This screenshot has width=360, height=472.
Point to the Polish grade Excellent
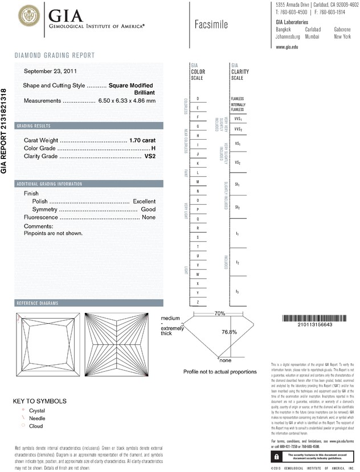pyautogui.click(x=144, y=202)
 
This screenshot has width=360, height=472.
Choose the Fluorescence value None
pyautogui.click(x=149, y=218)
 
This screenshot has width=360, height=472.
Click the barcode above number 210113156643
pyautogui.click(x=310, y=318)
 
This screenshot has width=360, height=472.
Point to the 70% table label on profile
pyautogui.click(x=219, y=314)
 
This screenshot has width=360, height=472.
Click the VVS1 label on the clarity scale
pyautogui.click(x=238, y=119)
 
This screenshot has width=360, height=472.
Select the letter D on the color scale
pyautogui.click(x=197, y=99)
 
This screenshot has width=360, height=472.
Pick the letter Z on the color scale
pyautogui.click(x=197, y=302)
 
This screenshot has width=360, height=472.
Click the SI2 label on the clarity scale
pyautogui.click(x=238, y=207)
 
